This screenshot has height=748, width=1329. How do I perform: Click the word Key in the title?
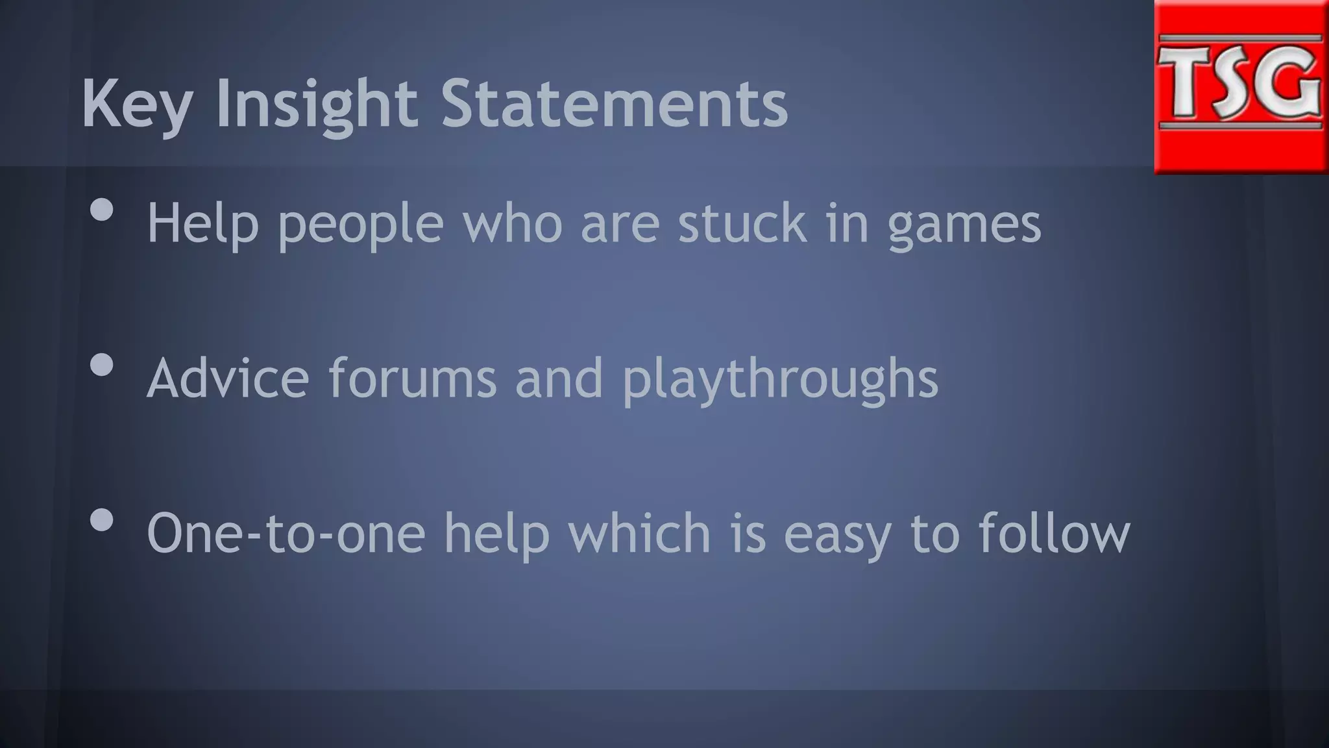136,104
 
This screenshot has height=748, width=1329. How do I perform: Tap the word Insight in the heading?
316,104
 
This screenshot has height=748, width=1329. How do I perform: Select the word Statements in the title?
615,104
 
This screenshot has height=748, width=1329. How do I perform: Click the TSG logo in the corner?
1240,87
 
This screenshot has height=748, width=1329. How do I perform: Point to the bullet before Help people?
102,209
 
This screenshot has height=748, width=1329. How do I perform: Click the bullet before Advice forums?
102,365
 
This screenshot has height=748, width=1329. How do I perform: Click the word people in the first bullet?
361,224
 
